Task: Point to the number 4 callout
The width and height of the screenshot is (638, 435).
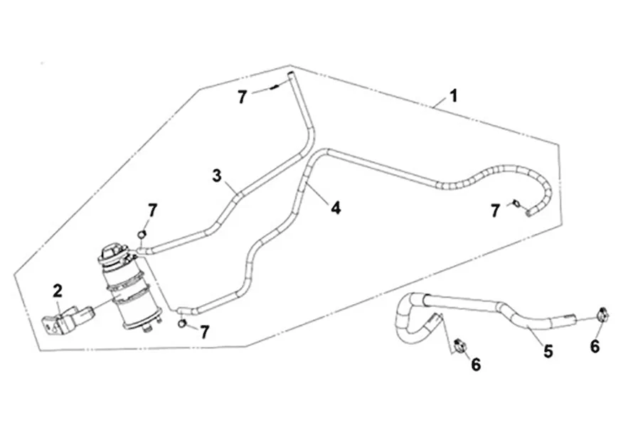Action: click(x=336, y=208)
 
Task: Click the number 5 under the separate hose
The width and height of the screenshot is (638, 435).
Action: click(x=548, y=350)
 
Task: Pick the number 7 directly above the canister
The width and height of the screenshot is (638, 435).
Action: click(x=151, y=210)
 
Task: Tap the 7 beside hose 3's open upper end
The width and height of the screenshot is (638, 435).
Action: click(x=243, y=97)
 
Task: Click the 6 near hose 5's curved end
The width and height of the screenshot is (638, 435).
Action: click(x=476, y=365)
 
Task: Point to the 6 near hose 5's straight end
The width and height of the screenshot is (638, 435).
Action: click(x=595, y=346)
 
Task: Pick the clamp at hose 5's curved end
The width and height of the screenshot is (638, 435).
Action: click(x=459, y=346)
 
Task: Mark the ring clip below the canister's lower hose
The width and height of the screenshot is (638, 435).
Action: click(x=183, y=324)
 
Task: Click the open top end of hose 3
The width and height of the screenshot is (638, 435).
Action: click(x=289, y=74)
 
